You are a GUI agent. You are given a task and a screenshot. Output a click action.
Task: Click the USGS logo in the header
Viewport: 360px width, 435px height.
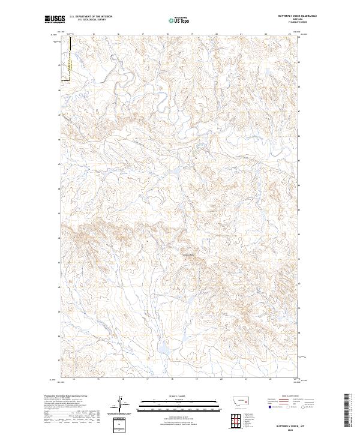click(x=55, y=20)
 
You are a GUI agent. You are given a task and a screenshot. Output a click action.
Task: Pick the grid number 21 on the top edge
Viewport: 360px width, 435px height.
click(x=241, y=34)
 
